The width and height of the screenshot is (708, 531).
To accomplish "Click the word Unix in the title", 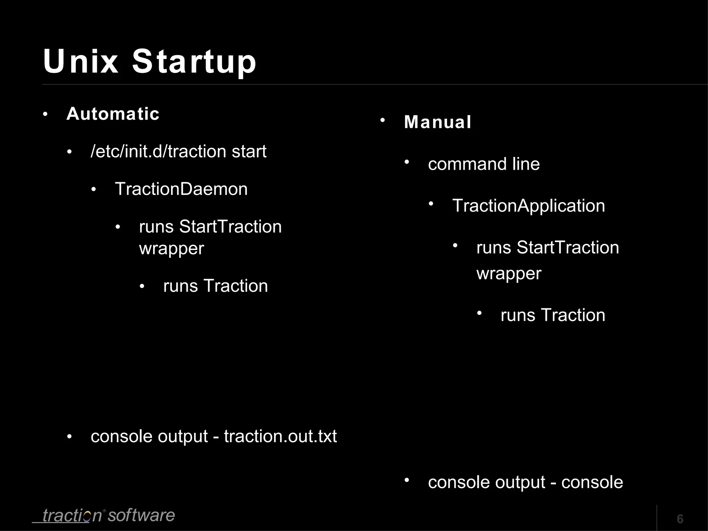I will [81, 61].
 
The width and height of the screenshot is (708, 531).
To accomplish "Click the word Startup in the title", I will [194, 61].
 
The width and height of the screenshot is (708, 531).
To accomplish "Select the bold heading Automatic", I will [113, 114].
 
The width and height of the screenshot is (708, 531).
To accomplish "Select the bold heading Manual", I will [438, 122].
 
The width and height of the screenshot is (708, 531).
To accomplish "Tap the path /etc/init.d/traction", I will [158, 151].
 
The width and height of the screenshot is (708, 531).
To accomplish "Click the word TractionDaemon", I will [181, 189].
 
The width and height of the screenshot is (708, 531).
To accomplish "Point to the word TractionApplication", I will [529, 206].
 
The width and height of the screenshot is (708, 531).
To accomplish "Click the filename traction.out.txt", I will [280, 436].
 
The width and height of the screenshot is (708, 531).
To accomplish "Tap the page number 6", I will [680, 519].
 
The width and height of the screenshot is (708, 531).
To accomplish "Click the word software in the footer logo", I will [141, 515].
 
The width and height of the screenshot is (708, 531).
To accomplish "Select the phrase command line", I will [484, 164].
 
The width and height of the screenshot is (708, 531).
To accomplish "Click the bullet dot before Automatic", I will [45, 114].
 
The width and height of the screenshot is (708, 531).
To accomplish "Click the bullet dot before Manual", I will [383, 120].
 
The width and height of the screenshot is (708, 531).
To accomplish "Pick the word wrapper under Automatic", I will [171, 248].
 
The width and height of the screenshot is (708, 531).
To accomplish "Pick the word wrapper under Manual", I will [509, 273].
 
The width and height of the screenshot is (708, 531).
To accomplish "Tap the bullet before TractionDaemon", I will [94, 190].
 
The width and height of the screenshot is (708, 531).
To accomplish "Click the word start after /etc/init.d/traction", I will [249, 151].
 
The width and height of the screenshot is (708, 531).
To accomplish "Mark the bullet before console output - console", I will [407, 480].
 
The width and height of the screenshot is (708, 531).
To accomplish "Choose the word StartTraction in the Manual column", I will [568, 248].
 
